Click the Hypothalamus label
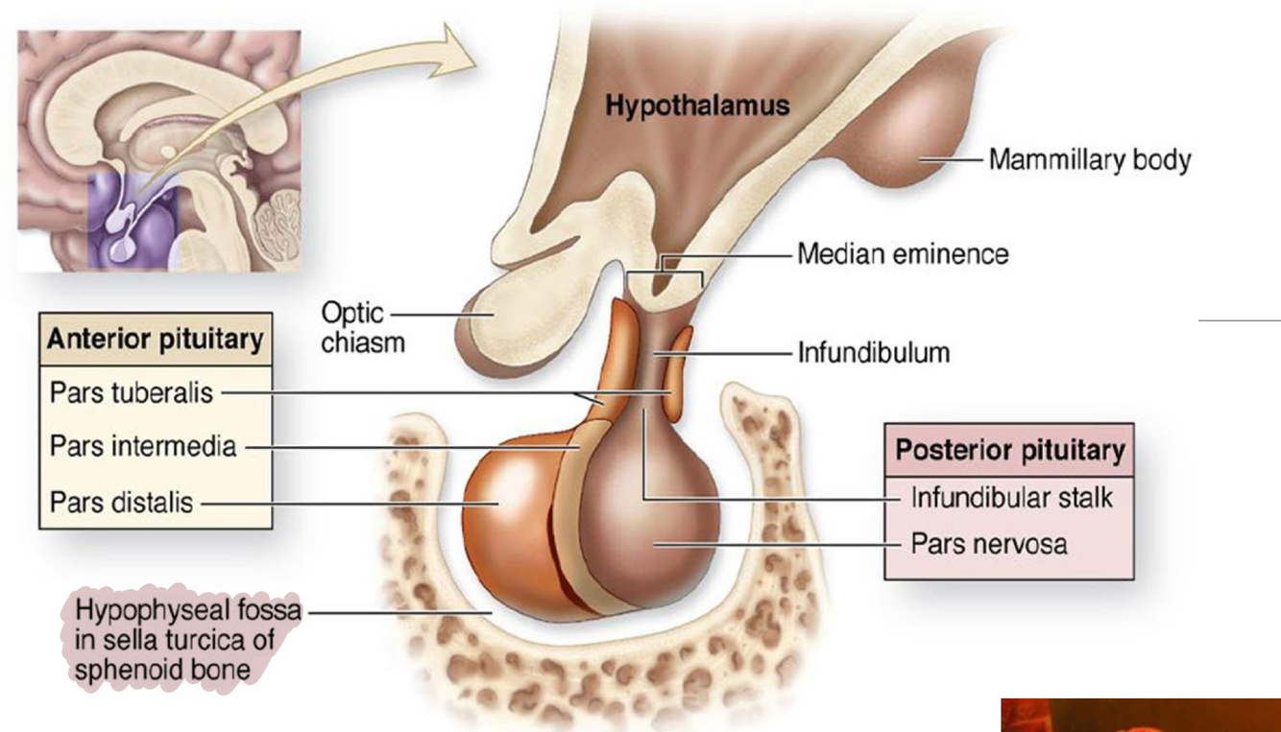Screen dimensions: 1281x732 coord(696,105)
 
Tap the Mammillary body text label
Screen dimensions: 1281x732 coord(1089,159)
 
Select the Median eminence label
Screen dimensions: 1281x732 coord(903,254)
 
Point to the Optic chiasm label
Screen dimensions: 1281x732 coord(352,327)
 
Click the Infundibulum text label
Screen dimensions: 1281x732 coord(873,353)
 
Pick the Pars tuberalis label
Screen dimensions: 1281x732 coord(132,391)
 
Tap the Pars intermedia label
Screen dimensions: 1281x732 coord(142,446)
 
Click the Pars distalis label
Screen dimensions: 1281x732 coord(121,501)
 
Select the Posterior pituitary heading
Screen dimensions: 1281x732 coord(1009,450)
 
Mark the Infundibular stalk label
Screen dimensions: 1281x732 coord(1011,498)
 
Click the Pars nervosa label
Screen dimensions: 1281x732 coord(989,544)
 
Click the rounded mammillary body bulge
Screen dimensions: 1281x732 coord(893,144)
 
